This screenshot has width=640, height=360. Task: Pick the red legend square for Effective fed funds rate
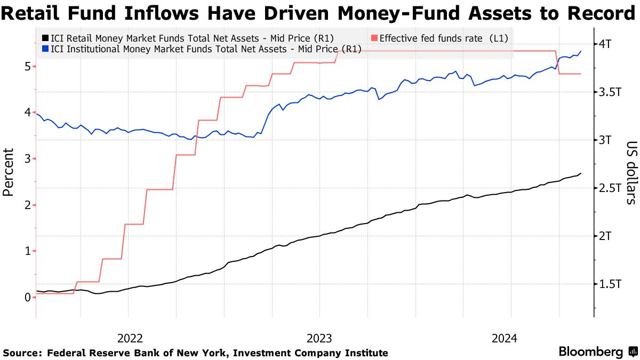(374, 38)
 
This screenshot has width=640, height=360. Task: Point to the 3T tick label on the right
(606, 140)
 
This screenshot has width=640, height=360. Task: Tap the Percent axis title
(9, 172)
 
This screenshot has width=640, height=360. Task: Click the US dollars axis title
(631, 172)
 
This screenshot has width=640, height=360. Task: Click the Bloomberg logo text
(590, 352)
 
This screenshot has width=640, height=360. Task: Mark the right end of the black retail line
(581, 173)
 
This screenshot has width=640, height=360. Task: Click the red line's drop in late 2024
(558, 62)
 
